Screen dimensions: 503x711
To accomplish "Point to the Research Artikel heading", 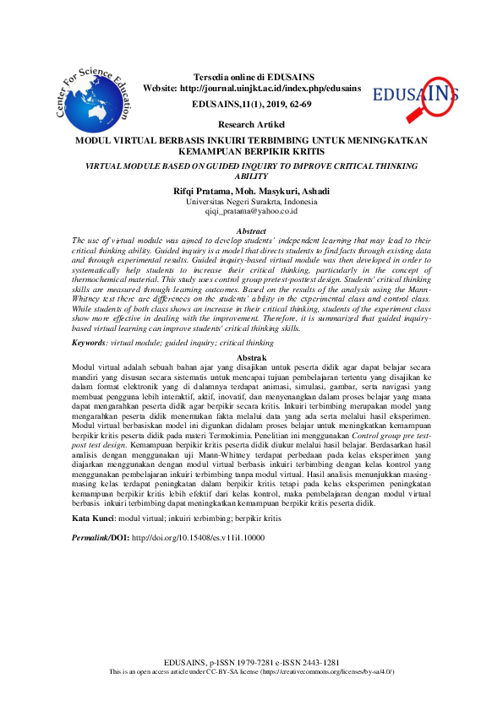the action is click(251, 123).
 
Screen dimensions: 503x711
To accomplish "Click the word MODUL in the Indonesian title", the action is click(94, 139).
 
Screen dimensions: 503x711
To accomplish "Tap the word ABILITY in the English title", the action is click(251, 177).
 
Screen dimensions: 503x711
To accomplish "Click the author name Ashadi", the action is click(313, 191).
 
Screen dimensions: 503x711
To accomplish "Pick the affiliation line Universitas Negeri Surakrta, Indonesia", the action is click(251, 202).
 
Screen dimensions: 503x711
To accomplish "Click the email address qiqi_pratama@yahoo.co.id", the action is click(251, 212).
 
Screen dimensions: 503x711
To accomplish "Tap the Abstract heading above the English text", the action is click(251, 231).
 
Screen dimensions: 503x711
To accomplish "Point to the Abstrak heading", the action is click(251, 358).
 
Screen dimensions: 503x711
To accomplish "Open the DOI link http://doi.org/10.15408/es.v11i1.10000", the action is click(199, 536).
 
